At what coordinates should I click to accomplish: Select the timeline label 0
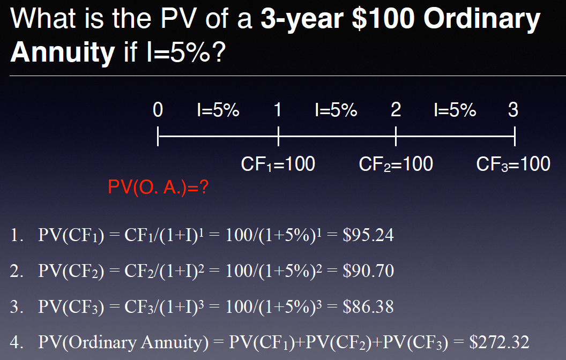(x=158, y=110)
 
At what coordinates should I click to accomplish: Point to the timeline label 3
(x=513, y=110)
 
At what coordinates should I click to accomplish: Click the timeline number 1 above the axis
(x=278, y=110)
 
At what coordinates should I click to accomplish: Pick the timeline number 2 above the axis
(x=396, y=110)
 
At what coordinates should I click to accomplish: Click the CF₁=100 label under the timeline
(x=278, y=164)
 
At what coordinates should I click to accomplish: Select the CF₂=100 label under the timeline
(x=396, y=164)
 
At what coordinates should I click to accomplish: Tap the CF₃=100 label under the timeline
(x=513, y=164)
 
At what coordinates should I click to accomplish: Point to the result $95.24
(x=368, y=235)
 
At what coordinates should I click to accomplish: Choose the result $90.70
(x=368, y=271)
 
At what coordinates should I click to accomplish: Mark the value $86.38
(x=368, y=307)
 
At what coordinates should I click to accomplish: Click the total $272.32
(x=499, y=342)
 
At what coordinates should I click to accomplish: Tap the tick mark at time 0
(x=158, y=136)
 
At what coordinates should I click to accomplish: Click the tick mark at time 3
(x=515, y=136)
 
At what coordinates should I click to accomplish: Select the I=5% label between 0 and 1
(x=218, y=110)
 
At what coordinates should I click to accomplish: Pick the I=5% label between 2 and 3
(x=455, y=110)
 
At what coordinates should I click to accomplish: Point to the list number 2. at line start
(x=17, y=271)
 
